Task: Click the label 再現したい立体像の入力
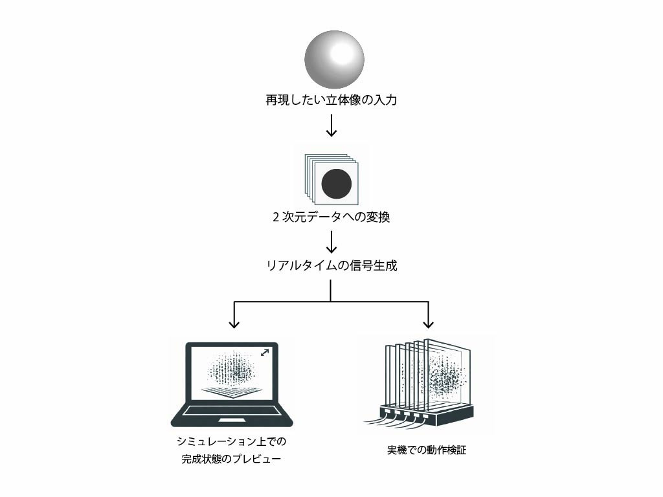331,101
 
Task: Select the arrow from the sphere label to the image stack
331,125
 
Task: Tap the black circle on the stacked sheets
337,184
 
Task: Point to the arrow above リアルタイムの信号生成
331,242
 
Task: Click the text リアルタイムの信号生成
331,265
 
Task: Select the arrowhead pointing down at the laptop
234,322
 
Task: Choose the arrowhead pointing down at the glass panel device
428,322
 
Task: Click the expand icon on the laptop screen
265,353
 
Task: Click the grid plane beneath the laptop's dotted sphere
232,391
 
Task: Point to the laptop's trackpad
232,421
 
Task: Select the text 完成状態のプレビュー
231,459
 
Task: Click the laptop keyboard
232,411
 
